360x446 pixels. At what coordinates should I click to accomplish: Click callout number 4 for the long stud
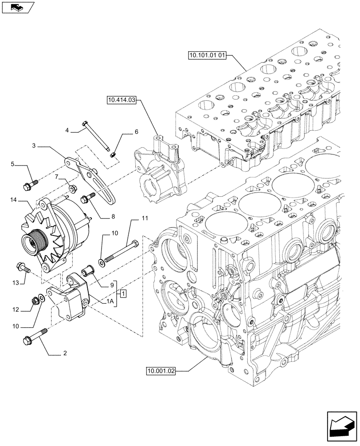[67, 130]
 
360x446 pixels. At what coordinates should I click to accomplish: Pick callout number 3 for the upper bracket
[34, 145]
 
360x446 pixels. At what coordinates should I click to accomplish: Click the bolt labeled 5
[28, 183]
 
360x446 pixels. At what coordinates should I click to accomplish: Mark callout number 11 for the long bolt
[144, 218]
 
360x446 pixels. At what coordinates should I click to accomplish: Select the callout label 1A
[109, 302]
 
